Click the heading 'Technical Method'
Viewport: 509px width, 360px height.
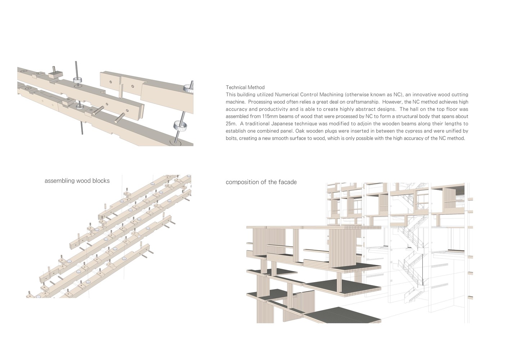(245, 87)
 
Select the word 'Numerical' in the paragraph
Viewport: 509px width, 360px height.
(286, 95)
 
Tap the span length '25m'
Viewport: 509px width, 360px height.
(231, 124)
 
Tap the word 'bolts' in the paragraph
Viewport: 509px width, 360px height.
(232, 138)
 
